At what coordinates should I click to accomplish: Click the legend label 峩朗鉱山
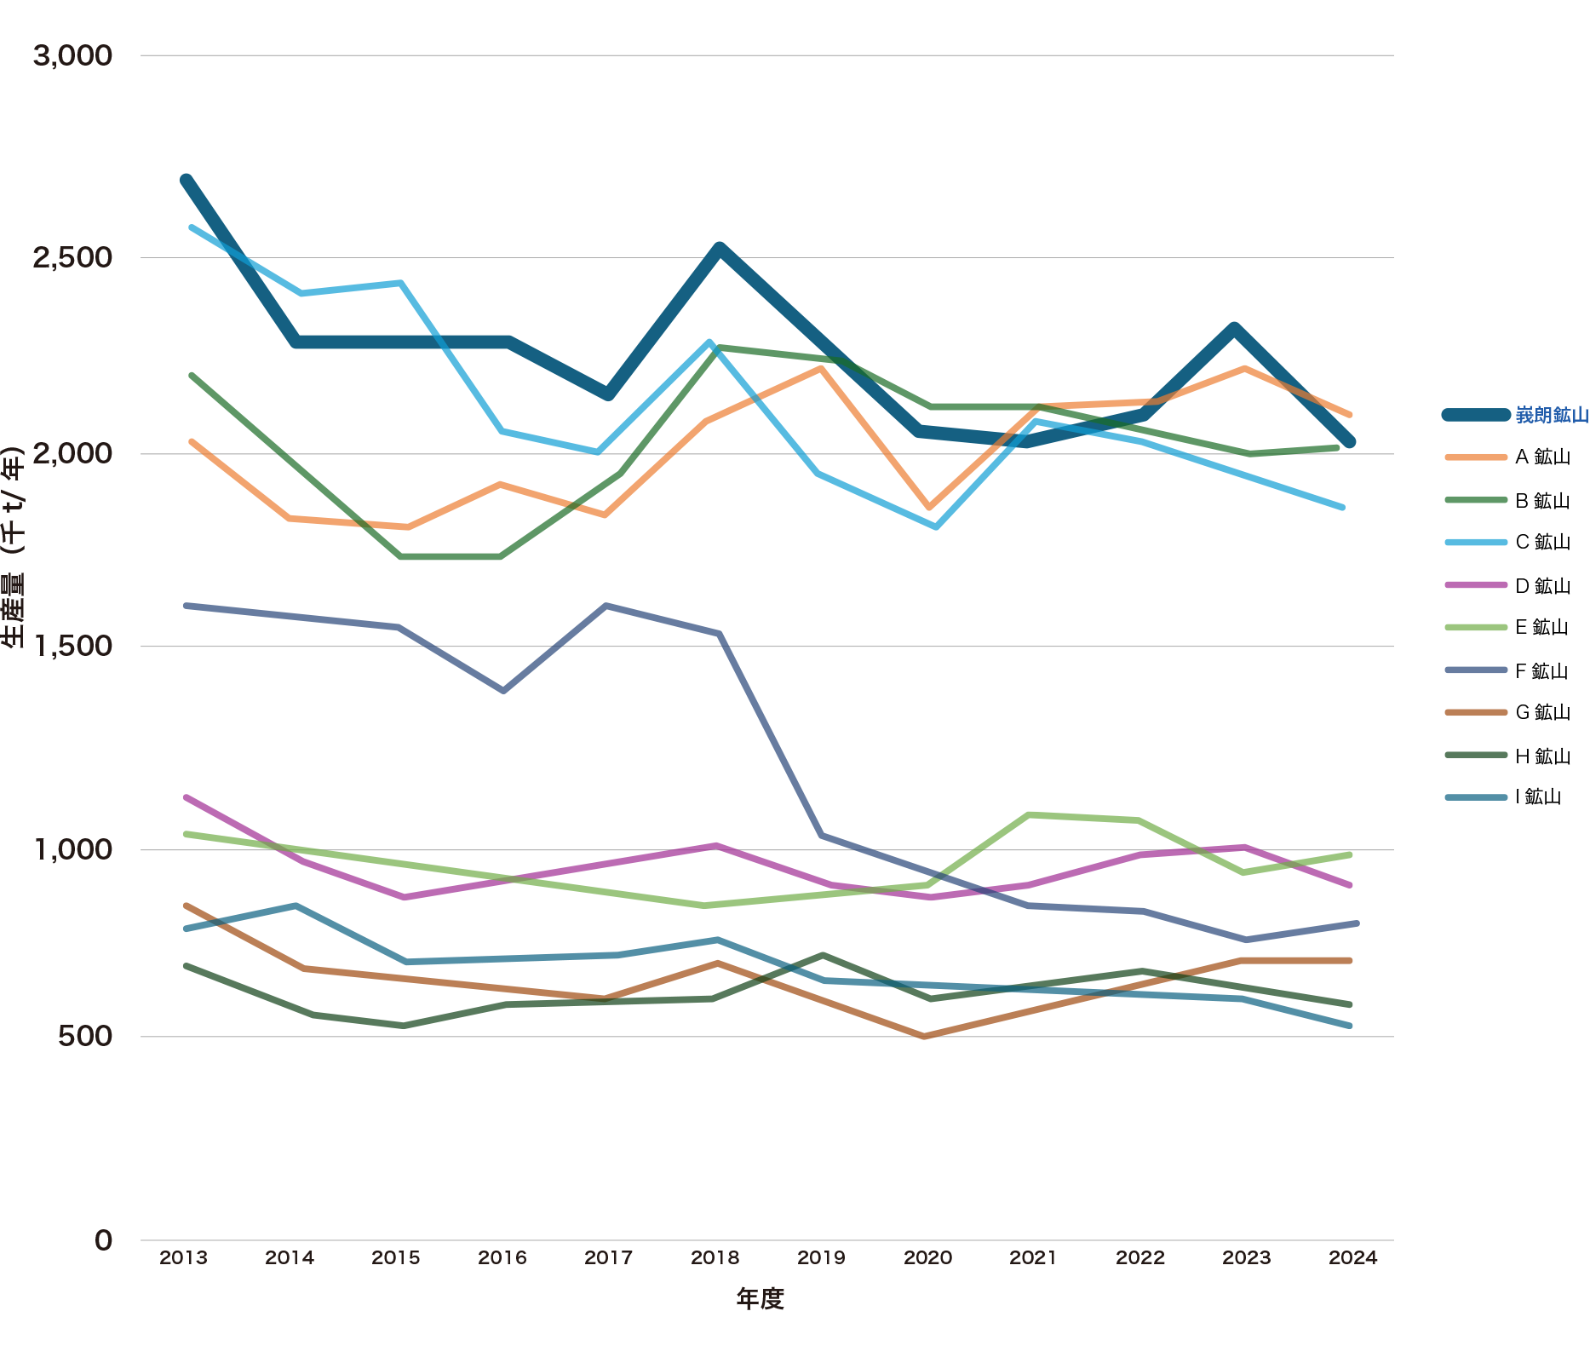click(1552, 415)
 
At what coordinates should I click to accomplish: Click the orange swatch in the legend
click(1477, 457)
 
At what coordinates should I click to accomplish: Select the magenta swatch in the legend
click(1477, 585)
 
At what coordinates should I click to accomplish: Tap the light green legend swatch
click(1477, 628)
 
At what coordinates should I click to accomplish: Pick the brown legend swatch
click(1477, 713)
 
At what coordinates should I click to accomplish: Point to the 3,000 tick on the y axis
click(72, 56)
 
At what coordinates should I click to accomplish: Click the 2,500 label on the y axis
click(72, 257)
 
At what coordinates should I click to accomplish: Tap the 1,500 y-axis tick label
click(72, 646)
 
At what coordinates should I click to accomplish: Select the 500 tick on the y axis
click(85, 1036)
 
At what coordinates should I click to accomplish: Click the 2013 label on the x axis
click(183, 1258)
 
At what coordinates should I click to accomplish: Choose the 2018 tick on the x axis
click(715, 1258)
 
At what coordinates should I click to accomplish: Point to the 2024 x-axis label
click(1353, 1258)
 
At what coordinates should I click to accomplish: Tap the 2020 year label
click(927, 1258)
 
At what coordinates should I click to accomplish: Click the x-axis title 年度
click(760, 1298)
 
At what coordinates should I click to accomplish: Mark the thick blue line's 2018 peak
click(720, 248)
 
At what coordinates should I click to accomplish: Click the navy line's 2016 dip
click(503, 690)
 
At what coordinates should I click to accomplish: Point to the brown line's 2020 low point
click(925, 1036)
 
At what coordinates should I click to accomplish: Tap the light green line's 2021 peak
click(1030, 815)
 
